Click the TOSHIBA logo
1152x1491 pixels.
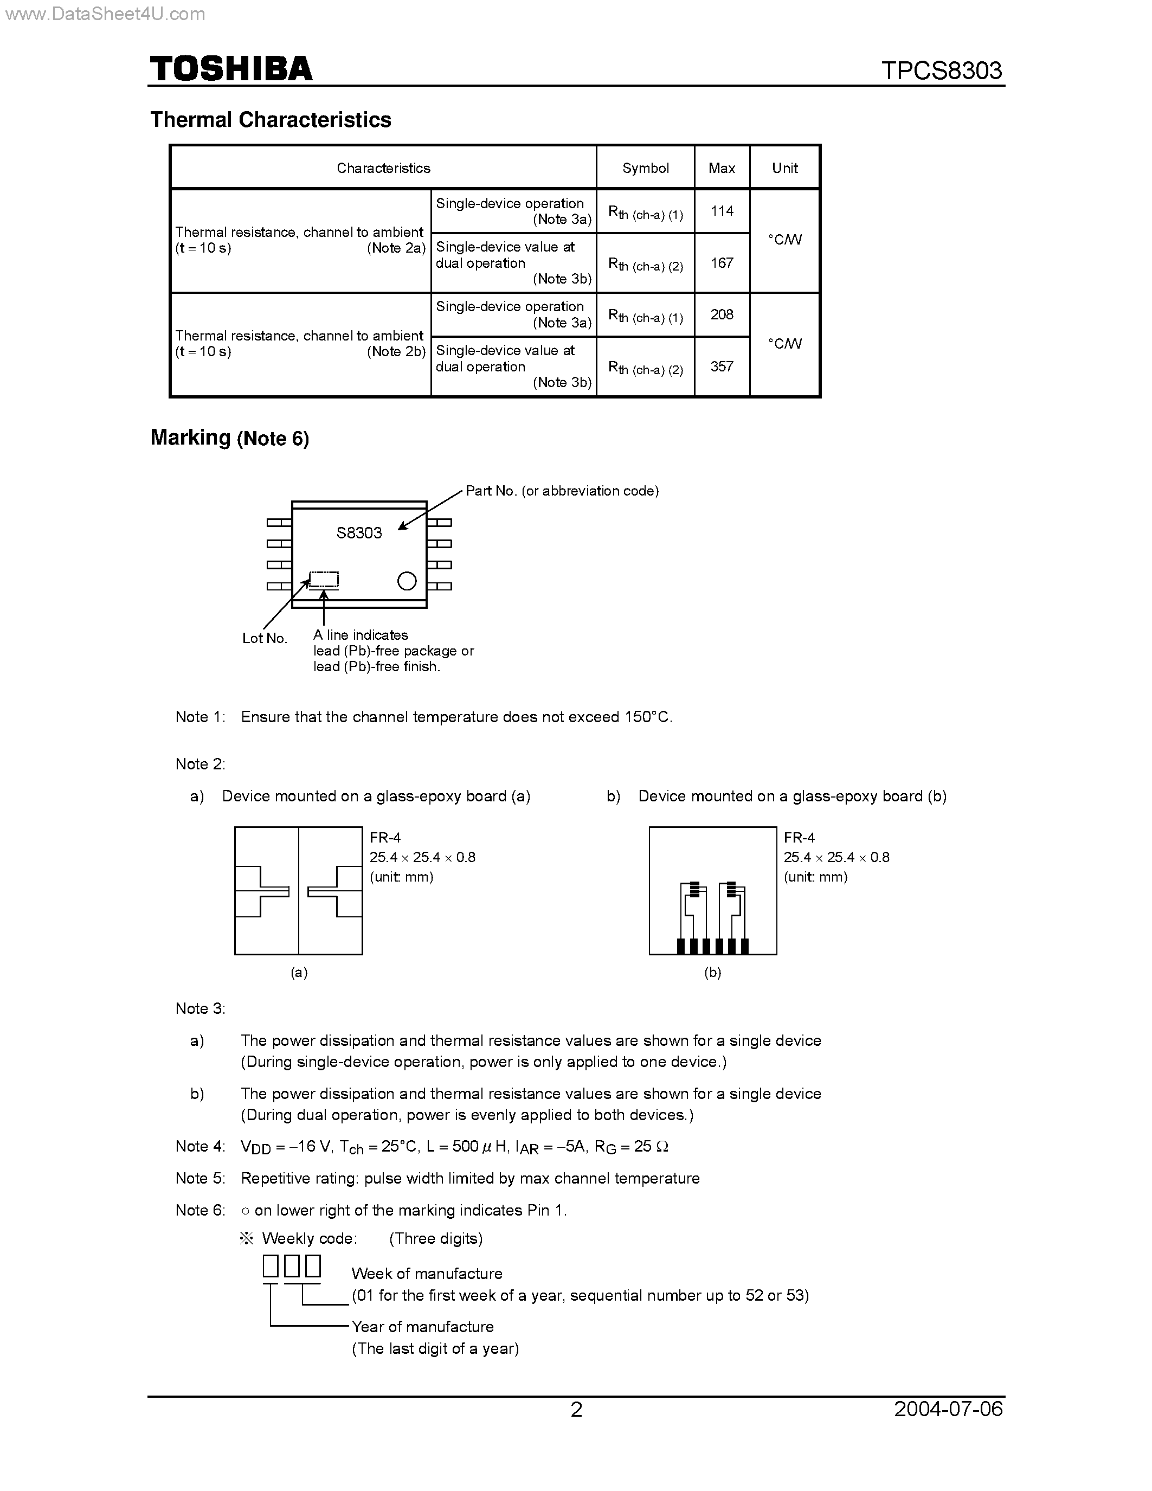[x=231, y=69]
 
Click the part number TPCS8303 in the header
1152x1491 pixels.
[x=941, y=70]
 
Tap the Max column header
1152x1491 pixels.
[x=722, y=168]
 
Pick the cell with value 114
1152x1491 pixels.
[x=722, y=211]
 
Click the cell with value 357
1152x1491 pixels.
[x=722, y=367]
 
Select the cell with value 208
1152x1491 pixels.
[x=722, y=314]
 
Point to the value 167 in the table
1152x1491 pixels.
[x=722, y=263]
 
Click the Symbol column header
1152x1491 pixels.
[x=645, y=168]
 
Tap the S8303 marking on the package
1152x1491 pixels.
[x=359, y=533]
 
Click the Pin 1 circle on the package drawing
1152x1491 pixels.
[x=407, y=581]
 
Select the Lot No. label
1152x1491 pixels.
[x=265, y=638]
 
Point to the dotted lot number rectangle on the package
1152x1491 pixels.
[x=324, y=580]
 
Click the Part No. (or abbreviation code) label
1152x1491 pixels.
[x=562, y=491]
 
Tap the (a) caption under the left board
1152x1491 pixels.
[x=299, y=973]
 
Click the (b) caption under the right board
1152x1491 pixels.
[x=712, y=973]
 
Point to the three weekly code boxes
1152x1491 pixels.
[x=292, y=1267]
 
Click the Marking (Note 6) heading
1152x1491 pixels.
[x=229, y=438]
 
